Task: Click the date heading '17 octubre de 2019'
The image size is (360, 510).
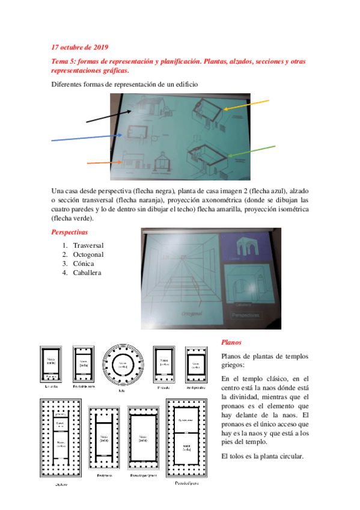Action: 80,47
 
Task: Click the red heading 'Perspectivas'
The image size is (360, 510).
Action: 70,232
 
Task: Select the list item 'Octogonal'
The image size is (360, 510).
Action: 88,254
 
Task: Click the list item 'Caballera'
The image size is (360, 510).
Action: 87,272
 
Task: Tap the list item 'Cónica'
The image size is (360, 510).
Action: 84,263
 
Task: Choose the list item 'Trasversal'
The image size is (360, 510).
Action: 88,245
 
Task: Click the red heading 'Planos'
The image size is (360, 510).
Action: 231,342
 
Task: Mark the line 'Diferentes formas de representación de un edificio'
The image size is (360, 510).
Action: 124,85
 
